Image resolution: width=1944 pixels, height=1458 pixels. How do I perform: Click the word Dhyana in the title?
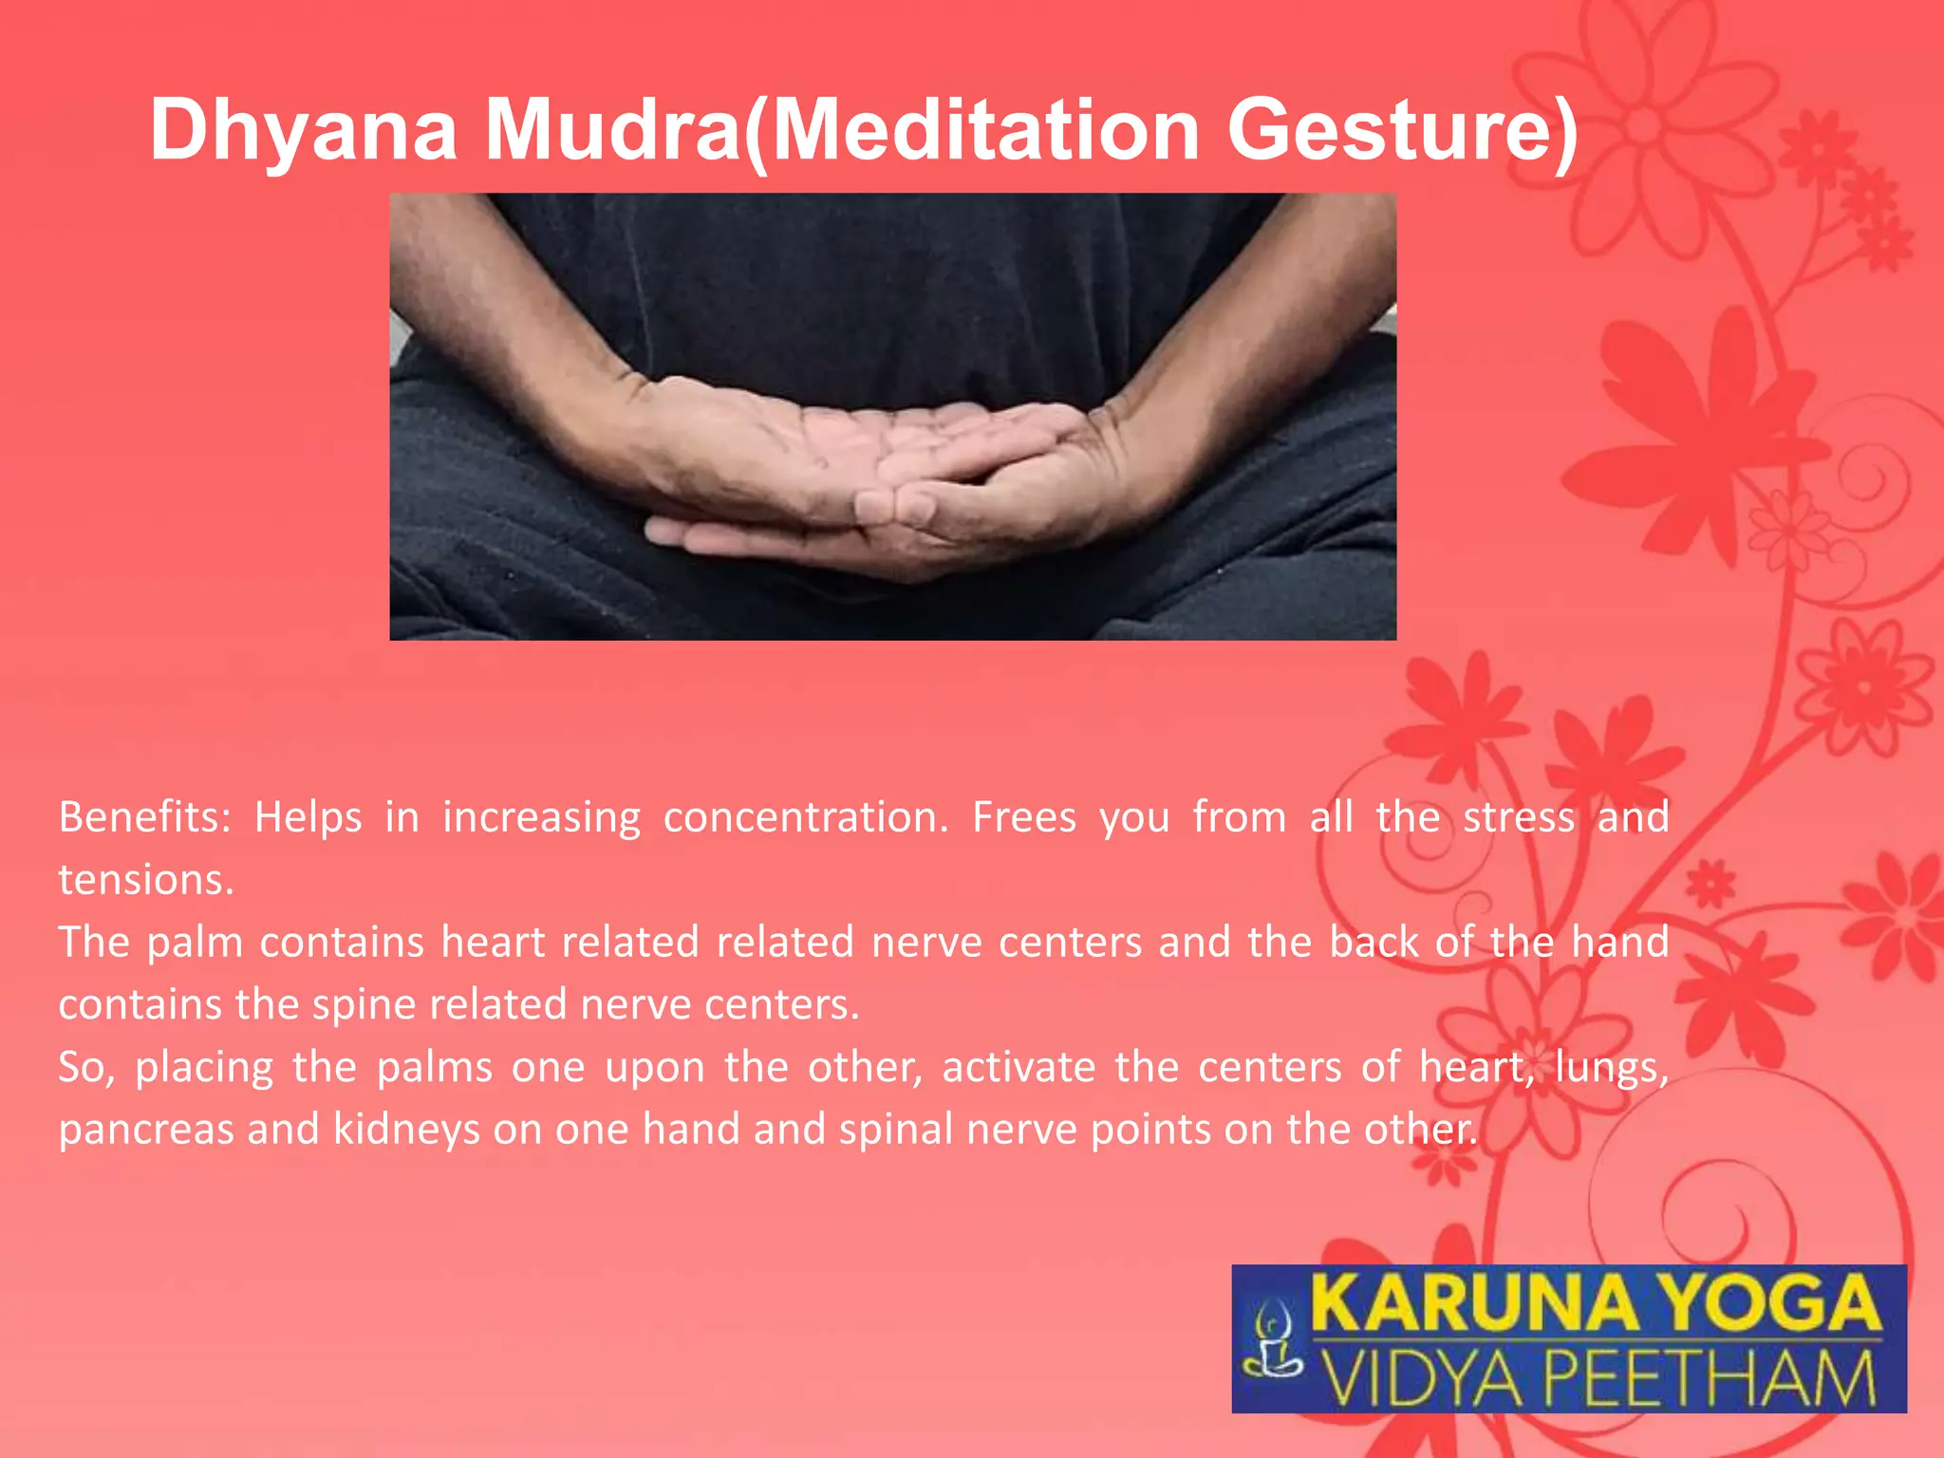click(304, 130)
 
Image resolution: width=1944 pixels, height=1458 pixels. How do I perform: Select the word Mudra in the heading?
click(612, 130)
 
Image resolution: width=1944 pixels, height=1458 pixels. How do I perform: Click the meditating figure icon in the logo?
click(1273, 1339)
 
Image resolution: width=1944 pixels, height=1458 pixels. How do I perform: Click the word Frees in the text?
click(1024, 817)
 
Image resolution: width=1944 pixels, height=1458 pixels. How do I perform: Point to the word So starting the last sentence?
click(85, 1068)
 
